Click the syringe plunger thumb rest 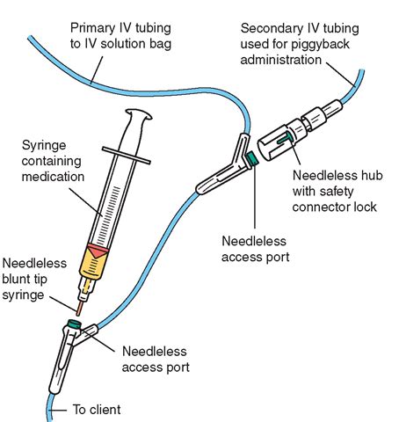pos(139,114)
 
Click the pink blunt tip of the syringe pos(79,309)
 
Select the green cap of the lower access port pos(74,324)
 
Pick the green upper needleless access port pos(251,158)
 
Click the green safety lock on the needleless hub pos(285,139)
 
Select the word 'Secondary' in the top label pos(268,29)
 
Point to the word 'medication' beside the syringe pos(53,177)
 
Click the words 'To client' pos(97,410)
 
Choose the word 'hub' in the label pos(371,175)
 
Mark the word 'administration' pos(281,60)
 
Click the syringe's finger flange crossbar pos(127,156)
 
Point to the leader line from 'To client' pos(58,411)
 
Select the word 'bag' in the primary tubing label pos(161,45)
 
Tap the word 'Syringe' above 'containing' pos(44,146)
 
